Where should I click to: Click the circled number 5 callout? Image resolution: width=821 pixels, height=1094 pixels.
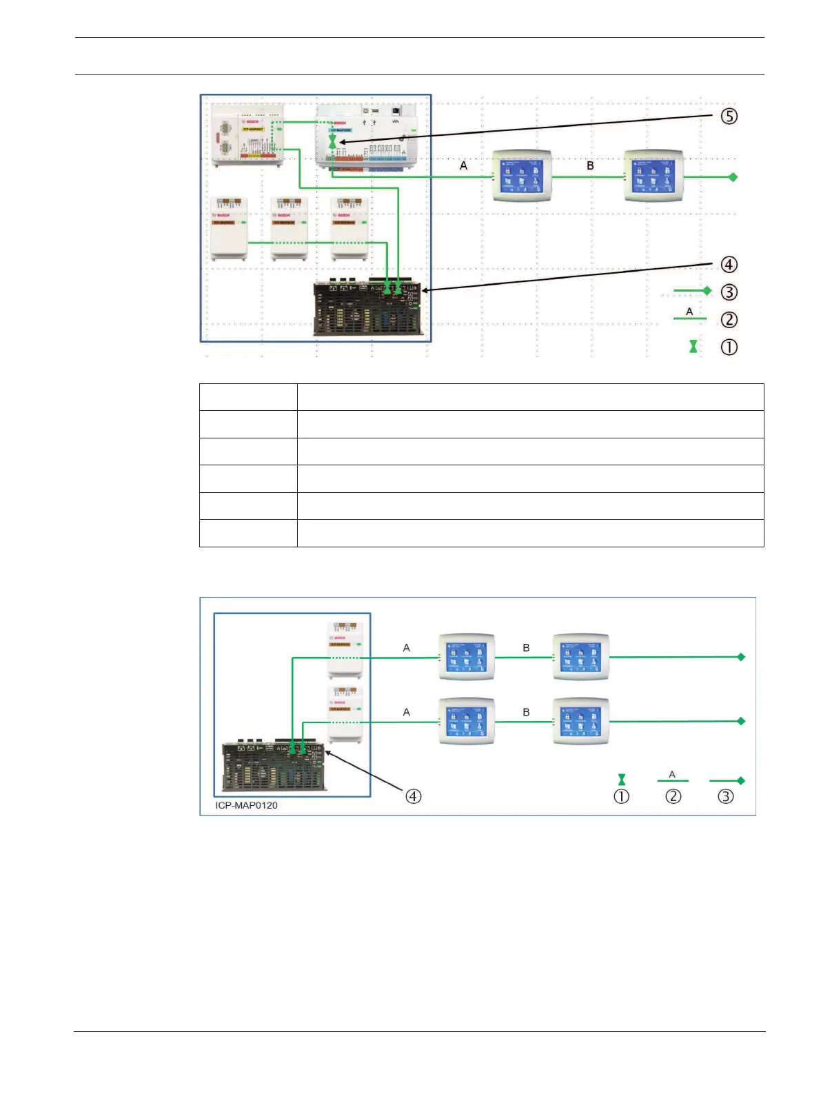(729, 116)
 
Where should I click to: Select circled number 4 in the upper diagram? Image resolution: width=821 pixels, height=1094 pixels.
(729, 265)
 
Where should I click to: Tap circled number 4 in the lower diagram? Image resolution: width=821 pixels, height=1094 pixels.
(413, 796)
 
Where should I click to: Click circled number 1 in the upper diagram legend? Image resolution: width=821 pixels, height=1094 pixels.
(729, 347)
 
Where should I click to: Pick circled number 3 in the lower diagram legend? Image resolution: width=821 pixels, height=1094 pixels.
(725, 796)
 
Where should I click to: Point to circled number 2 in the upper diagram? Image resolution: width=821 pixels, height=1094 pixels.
(729, 320)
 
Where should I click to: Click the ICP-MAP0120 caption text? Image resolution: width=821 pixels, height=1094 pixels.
(246, 805)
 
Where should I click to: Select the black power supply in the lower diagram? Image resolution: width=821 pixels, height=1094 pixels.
(274, 767)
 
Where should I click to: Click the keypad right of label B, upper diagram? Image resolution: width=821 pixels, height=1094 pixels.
(653, 176)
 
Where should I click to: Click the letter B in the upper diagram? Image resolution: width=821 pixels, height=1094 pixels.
(590, 165)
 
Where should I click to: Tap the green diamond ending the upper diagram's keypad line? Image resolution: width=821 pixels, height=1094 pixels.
(733, 177)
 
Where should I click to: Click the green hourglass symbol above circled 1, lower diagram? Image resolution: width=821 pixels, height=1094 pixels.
(622, 780)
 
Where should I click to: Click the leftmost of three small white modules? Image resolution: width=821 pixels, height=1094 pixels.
(229, 228)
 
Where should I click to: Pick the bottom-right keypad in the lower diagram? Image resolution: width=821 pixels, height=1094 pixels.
(581, 721)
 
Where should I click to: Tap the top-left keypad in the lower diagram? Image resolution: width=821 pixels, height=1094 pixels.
(466, 657)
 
